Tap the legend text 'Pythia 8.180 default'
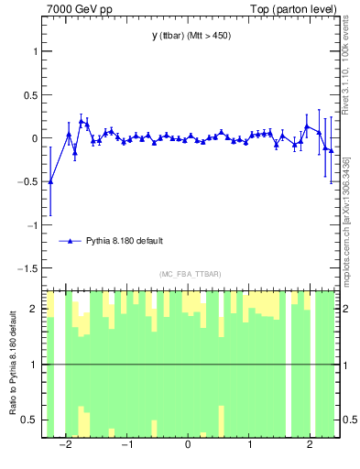tap(126, 241)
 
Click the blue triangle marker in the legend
tap(70, 241)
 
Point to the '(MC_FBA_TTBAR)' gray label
tap(191, 274)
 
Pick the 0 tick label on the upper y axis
tap(36, 138)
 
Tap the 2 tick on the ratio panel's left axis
tap(36, 309)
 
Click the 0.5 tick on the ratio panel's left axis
tap(32, 420)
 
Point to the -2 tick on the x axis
tap(65, 446)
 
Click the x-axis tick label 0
tap(188, 446)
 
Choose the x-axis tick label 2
tap(310, 446)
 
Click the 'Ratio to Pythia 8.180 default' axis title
tap(12, 365)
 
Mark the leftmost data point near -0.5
tap(50, 181)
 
